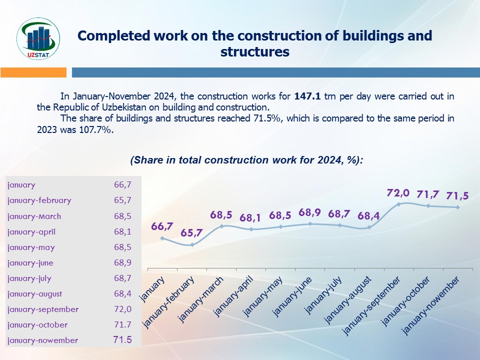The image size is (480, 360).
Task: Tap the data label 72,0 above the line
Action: coord(398,193)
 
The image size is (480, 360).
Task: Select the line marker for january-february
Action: coord(191,245)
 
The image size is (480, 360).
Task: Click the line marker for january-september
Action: coord(398,204)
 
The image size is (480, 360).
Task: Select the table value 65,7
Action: coord(122,200)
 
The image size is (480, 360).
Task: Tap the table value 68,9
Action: coord(122,263)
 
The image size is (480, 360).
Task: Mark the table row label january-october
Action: coord(37,325)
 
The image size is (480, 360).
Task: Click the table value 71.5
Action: coord(122,340)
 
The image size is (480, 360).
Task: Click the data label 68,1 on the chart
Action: coord(251,218)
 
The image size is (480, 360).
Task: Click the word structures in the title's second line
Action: coord(255,51)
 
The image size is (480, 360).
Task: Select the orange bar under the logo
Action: coord(33,72)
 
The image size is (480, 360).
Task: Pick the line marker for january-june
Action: coord(310,224)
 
